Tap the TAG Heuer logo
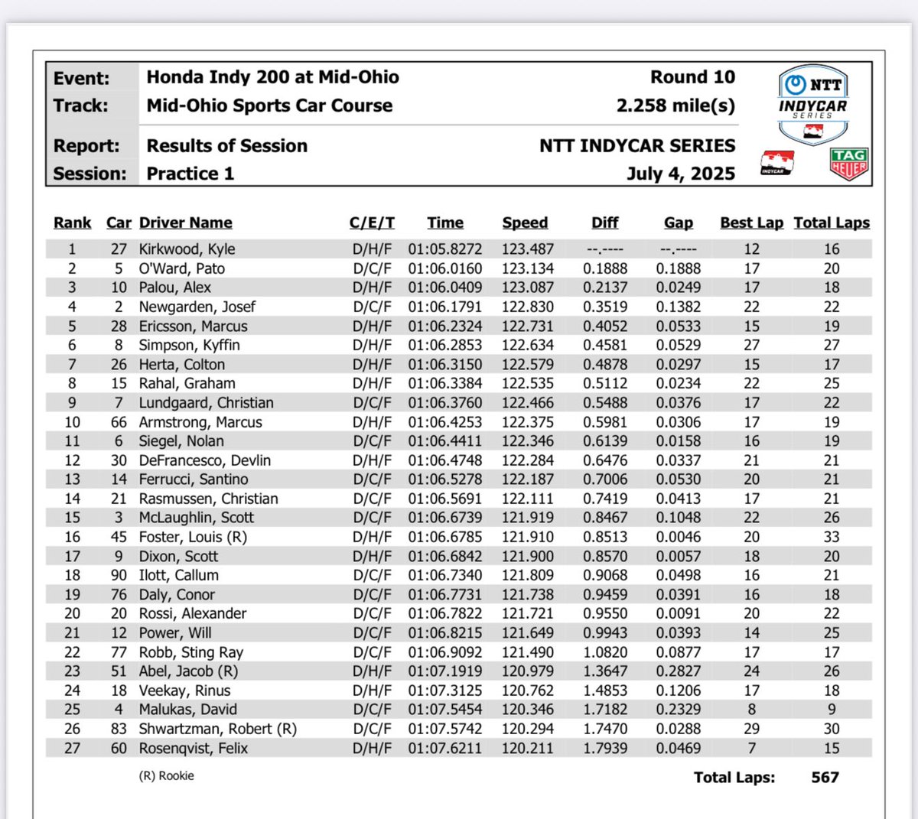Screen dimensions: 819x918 point(848,164)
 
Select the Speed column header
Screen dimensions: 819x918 point(525,223)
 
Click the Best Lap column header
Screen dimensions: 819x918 point(751,223)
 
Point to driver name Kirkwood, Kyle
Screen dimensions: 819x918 point(187,249)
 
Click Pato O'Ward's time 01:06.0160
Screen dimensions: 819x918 point(444,268)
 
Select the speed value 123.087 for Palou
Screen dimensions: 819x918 point(527,288)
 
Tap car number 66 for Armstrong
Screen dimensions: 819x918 point(119,422)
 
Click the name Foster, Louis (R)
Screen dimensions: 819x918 point(193,537)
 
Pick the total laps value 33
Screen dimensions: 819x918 point(832,537)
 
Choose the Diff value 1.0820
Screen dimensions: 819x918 point(604,652)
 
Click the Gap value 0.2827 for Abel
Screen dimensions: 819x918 point(678,671)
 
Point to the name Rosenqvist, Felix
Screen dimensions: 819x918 point(193,749)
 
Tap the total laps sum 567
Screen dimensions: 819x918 point(825,778)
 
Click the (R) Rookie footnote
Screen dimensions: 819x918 point(166,775)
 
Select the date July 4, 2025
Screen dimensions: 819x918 point(680,174)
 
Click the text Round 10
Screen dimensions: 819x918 point(692,77)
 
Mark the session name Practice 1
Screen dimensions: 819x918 point(190,174)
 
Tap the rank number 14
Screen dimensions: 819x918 point(72,499)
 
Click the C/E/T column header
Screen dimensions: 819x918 point(372,223)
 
